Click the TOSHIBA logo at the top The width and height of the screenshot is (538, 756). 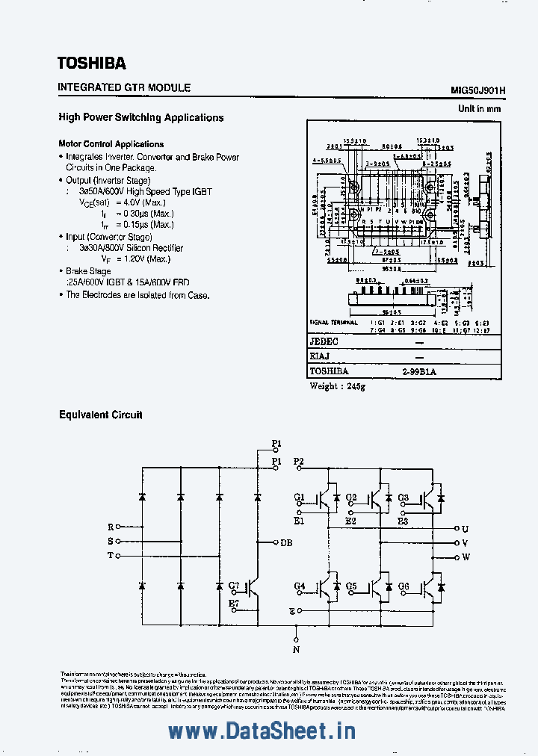[92, 63]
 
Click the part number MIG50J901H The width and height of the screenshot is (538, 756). [478, 90]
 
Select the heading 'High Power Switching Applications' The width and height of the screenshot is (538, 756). [141, 117]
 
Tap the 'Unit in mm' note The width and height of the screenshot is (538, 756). [479, 109]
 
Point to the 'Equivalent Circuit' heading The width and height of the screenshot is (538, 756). [101, 415]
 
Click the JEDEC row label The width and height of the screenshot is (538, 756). [324, 341]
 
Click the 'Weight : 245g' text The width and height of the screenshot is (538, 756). [338, 386]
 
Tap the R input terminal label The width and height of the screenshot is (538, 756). [111, 527]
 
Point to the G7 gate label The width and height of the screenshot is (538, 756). [234, 585]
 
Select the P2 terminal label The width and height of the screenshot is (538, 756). [299, 462]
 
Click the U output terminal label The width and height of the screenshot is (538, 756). [465, 528]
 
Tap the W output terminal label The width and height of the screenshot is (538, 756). [466, 557]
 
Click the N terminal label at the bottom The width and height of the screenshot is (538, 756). [296, 650]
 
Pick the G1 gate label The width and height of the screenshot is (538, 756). [299, 498]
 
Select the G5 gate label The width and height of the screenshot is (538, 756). [351, 586]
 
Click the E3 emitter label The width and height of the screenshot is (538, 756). [403, 521]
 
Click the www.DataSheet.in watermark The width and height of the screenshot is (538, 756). [262, 731]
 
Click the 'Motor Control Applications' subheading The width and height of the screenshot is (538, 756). [111, 144]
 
